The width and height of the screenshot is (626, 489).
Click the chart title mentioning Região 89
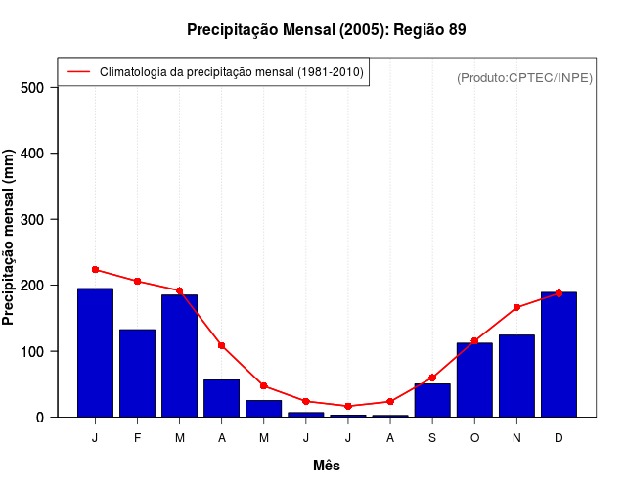(326, 29)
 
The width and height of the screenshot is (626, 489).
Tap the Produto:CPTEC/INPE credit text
(524, 77)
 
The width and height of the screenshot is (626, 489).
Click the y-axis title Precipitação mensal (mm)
(9, 237)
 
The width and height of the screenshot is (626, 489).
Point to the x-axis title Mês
(327, 466)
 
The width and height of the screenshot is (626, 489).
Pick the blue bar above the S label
(432, 400)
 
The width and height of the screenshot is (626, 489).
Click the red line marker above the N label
(516, 307)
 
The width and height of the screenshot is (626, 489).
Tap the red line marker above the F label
(138, 281)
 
